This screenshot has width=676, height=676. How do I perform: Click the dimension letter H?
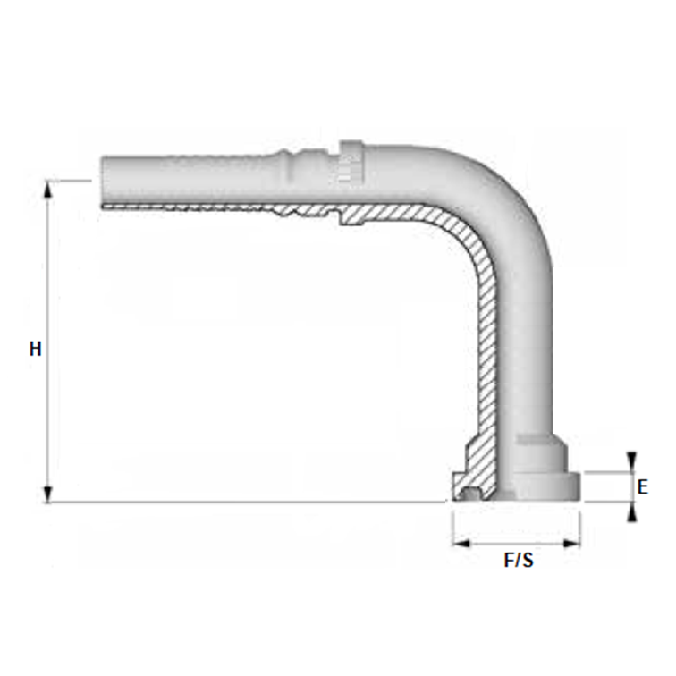(35, 349)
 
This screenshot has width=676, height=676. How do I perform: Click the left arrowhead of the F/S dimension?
(459, 542)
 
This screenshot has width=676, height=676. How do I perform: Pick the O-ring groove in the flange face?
(471, 491)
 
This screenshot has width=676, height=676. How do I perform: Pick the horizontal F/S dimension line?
(516, 542)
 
